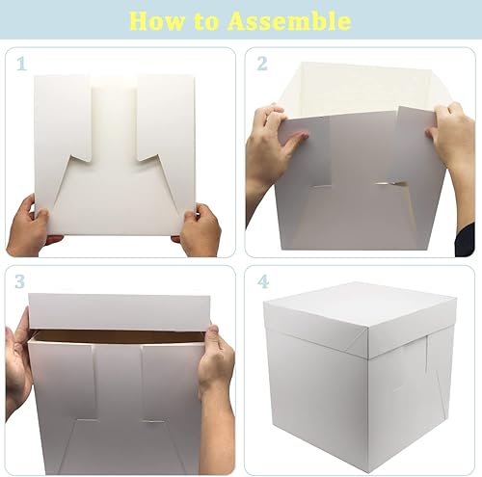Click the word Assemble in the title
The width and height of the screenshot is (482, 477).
pos(290,20)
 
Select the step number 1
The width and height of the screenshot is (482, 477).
pos(20,64)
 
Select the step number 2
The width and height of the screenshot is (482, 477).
pos(261,64)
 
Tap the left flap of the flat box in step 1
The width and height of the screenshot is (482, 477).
pos(64,116)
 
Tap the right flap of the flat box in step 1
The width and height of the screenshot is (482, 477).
pos(165,116)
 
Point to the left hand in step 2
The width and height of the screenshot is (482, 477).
pos(270,145)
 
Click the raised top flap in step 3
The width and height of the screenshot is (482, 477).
pos(120,311)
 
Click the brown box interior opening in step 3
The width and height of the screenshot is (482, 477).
pos(120,336)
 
